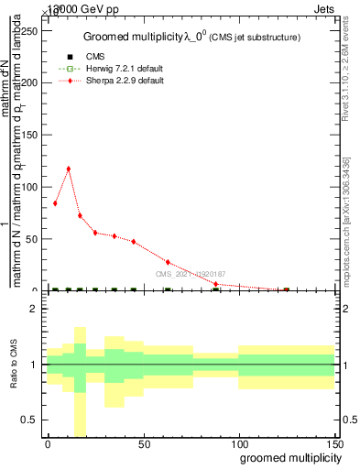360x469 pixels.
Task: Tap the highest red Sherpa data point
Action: point(69,169)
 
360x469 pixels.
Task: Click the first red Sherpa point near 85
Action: point(55,203)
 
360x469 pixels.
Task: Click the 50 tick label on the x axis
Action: point(144,442)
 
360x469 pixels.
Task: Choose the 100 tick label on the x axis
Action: point(239,442)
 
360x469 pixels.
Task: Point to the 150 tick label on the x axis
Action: point(334,442)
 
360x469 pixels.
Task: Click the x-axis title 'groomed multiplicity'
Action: point(289,457)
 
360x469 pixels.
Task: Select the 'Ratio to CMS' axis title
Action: point(14,365)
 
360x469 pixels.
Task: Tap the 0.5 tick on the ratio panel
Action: point(32,420)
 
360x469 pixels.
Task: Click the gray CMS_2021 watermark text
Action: point(190,274)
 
